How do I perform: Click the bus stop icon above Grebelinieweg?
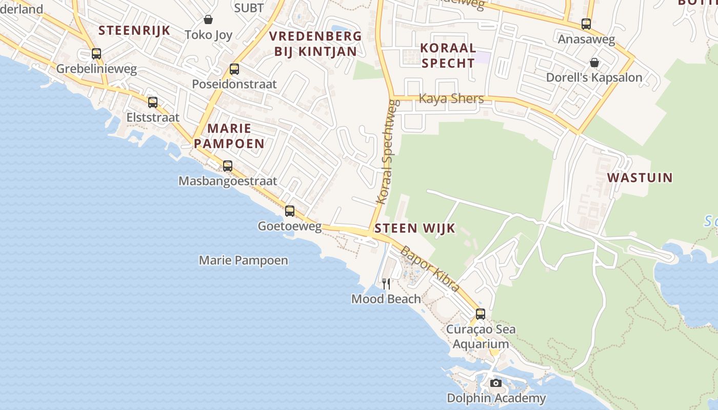pos(96,53)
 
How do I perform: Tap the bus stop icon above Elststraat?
pos(153,102)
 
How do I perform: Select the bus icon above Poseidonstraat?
pos(234,69)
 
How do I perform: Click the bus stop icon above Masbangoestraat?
pos(228,166)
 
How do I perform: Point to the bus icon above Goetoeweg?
pos(290,211)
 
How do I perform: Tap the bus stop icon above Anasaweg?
pos(586,24)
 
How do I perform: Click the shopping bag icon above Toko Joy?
pos(208,19)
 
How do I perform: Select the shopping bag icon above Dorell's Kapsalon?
pos(594,63)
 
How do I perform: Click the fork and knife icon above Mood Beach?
pos(386,283)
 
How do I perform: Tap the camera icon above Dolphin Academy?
pos(495,383)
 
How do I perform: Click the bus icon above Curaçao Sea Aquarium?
pos(480,314)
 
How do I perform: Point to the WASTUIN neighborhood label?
pos(640,178)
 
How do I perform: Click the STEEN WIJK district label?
pos(415,229)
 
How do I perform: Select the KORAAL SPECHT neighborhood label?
pos(448,55)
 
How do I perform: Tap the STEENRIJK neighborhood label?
pos(134,30)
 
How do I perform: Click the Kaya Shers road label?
pos(451,98)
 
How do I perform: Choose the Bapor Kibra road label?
pos(429,269)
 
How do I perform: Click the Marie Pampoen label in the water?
pos(243,260)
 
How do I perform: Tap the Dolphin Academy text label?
pos(496,398)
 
